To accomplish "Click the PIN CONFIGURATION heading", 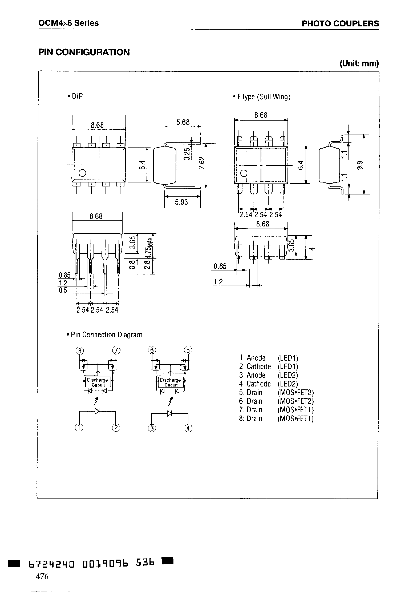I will (x=84, y=52).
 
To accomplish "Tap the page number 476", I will (x=42, y=576).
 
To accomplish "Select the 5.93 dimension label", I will (x=181, y=202).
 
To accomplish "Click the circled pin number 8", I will (x=79, y=350).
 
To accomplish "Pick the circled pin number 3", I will (x=152, y=428).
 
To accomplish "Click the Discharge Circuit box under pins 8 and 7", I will (x=98, y=382).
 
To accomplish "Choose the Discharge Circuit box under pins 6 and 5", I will (x=171, y=382).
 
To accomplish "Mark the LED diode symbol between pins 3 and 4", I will (x=170, y=414).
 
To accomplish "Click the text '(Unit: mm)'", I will (x=359, y=63).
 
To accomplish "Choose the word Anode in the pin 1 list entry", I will (x=256, y=358).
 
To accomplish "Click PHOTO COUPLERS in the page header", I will (x=340, y=23).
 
